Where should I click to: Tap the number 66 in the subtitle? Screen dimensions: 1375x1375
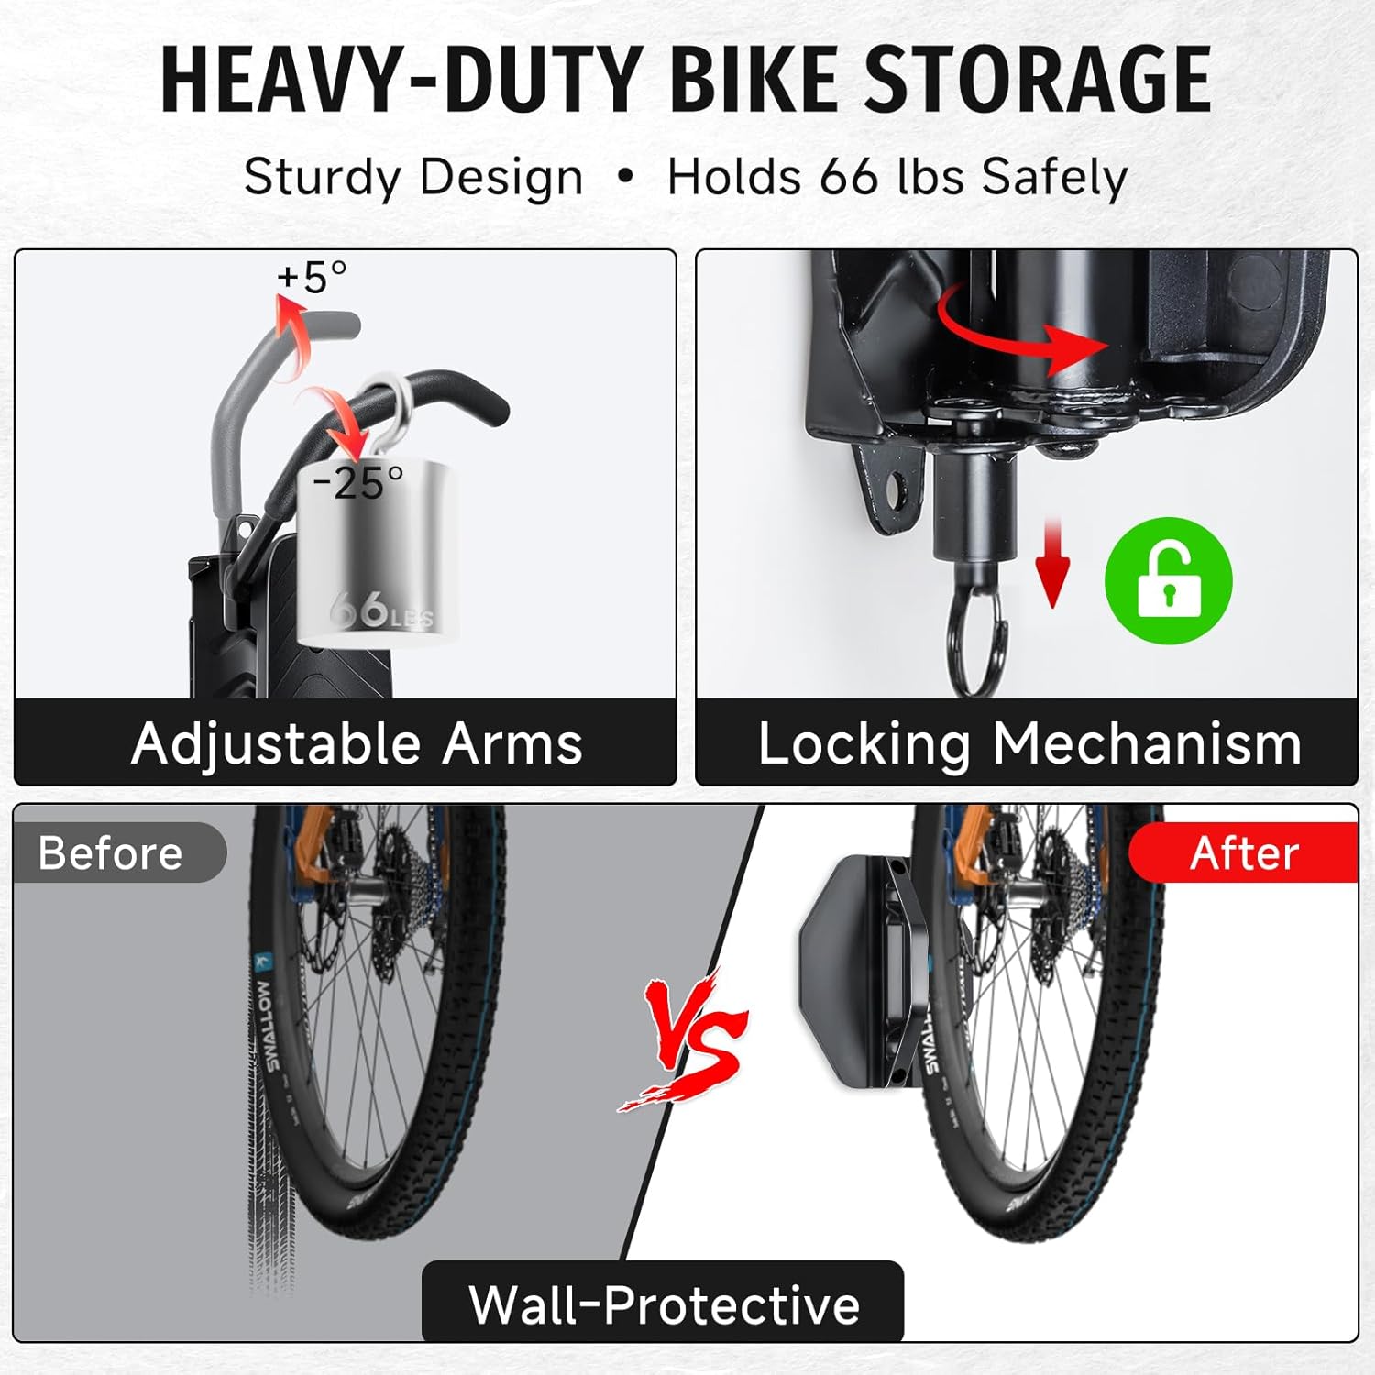[848, 176]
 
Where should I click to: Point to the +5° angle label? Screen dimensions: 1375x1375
[312, 276]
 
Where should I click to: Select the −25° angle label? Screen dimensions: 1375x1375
[357, 482]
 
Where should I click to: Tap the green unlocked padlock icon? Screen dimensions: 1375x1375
[1168, 580]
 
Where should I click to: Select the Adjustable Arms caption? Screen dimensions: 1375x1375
[357, 743]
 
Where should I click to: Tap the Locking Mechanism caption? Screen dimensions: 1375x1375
[1028, 743]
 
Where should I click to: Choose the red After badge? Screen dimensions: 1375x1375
[1243, 853]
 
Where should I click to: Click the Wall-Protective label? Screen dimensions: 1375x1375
[664, 1303]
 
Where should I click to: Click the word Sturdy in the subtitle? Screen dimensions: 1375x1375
[311, 178]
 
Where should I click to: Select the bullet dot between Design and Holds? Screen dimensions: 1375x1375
[625, 175]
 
